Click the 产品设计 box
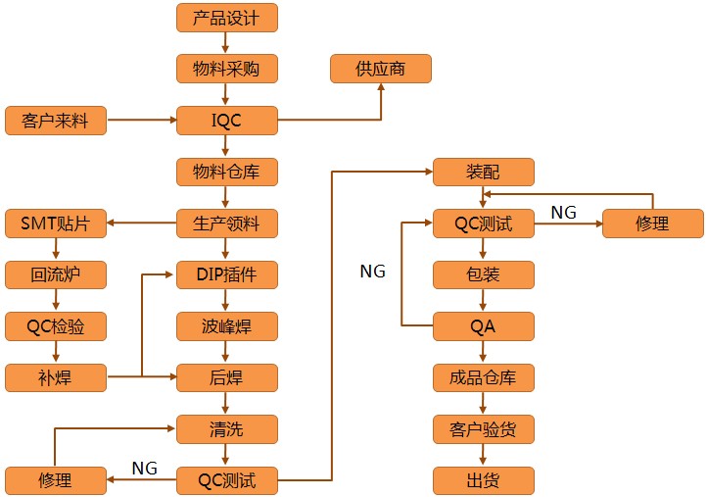point(227,18)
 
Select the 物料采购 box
point(227,69)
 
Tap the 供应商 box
point(381,69)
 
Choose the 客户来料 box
point(56,121)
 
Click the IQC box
point(227,121)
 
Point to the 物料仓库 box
point(227,173)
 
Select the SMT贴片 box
point(56,224)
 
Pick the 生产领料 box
point(227,224)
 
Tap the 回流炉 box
point(56,275)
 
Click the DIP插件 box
point(227,275)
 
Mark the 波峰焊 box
point(227,326)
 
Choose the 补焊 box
point(56,377)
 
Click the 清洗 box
point(227,428)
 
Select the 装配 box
point(484,173)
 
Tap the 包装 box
point(484,275)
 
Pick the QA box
point(484,326)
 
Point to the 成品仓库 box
point(484,377)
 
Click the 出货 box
point(484,480)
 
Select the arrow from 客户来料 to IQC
point(142,121)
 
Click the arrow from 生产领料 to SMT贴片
point(142,224)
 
